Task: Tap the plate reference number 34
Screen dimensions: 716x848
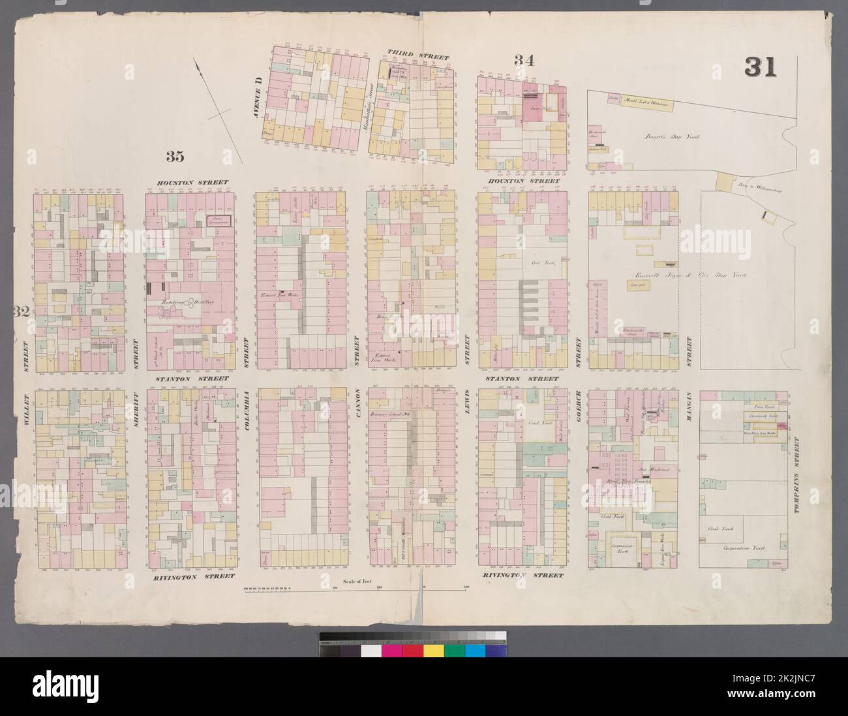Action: coord(524,61)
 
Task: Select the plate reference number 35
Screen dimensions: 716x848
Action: coord(174,155)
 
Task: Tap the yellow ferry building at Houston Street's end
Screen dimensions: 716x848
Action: coord(724,181)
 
